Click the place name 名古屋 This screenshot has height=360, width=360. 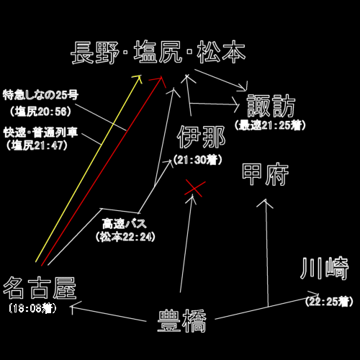click(40, 288)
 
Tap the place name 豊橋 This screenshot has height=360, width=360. click(181, 321)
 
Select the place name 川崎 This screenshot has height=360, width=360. click(324, 269)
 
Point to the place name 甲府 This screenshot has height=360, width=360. click(265, 174)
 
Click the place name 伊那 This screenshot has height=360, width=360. click(201, 137)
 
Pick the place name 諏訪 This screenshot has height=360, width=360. click(271, 106)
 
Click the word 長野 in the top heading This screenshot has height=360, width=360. click(95, 53)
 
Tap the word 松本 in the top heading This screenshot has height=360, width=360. click(221, 52)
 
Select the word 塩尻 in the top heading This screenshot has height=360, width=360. click(158, 52)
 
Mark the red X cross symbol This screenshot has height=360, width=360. click(195, 189)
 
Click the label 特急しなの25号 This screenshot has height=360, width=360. click(40, 95)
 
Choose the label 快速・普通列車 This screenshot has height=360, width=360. click(40, 132)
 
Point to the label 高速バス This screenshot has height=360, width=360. click(125, 224)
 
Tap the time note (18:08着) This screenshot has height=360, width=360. click(32, 308)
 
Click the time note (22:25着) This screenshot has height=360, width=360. click(329, 302)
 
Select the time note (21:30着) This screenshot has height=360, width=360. click(198, 160)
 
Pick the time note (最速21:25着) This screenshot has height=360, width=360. click(270, 125)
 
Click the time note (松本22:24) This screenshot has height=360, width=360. click(125, 237)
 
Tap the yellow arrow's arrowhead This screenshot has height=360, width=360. click(139, 78)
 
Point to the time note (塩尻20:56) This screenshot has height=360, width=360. click(40, 112)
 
